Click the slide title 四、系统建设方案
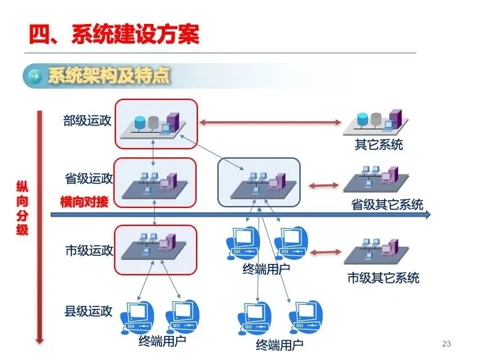pos(114,34)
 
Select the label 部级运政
pos(88,121)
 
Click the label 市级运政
pos(89,251)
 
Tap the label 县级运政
pos(88,310)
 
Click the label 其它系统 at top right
pos(378,144)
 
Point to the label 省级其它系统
pos(387,205)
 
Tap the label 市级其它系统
pos(383,278)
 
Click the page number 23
pos(447,344)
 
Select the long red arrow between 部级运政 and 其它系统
pos(271,122)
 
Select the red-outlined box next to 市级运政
pos(156,249)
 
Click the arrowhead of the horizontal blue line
pos(427,215)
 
